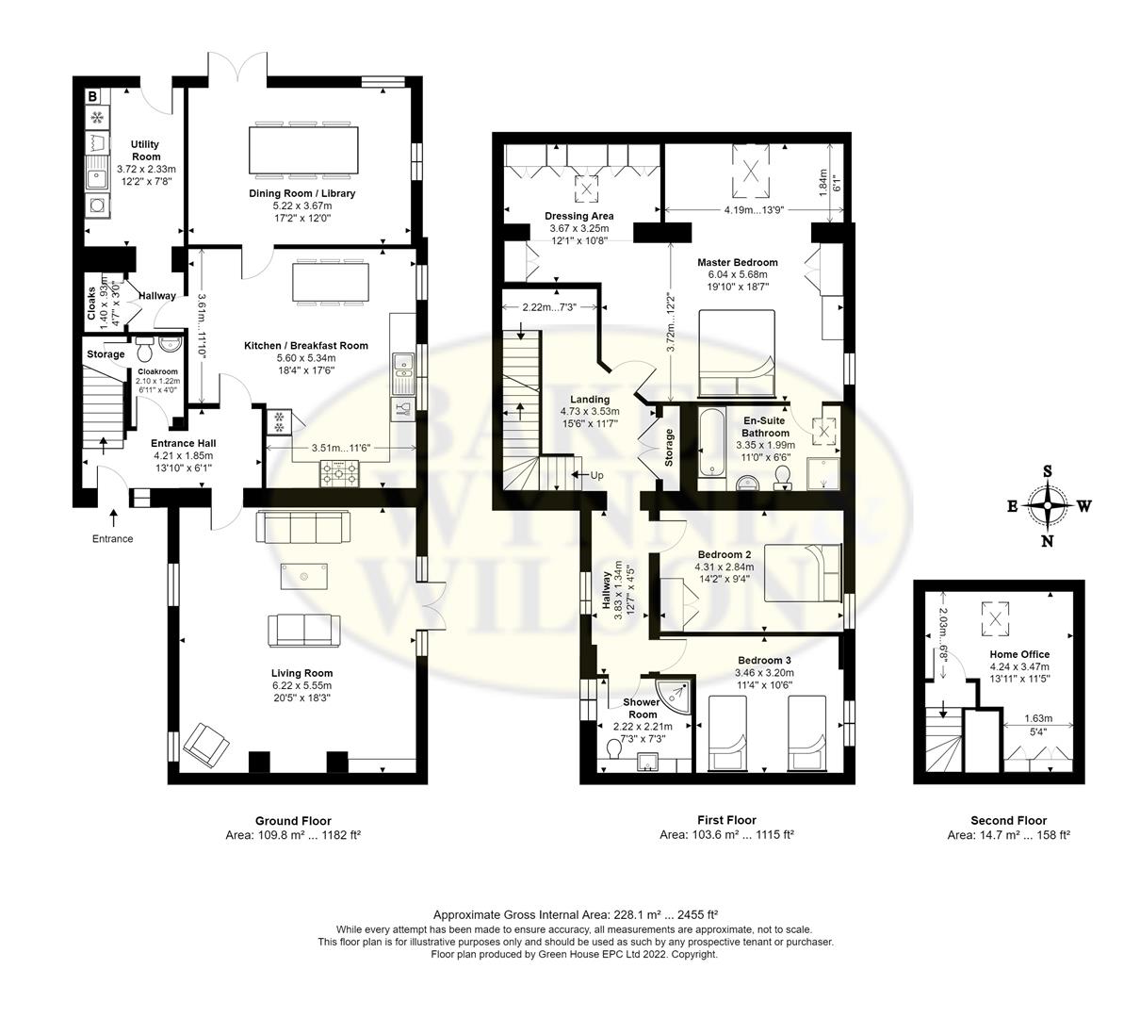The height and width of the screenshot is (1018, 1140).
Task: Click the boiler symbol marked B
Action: [x=93, y=96]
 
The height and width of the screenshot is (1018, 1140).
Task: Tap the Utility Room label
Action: [x=145, y=150]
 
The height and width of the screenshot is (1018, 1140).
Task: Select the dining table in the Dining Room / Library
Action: [x=303, y=150]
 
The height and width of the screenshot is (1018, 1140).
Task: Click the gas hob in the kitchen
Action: [x=339, y=473]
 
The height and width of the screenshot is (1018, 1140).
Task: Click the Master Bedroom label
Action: [x=737, y=262]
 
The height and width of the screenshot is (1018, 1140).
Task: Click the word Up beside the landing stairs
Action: [x=596, y=475]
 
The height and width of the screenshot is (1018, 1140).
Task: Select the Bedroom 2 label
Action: [x=725, y=554]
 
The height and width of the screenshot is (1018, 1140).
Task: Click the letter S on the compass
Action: [x=1047, y=471]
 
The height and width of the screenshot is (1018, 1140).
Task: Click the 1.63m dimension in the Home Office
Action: [x=1038, y=718]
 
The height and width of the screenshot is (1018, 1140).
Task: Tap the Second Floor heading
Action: [x=1008, y=820]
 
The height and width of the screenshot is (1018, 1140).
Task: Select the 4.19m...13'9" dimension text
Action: [x=754, y=210]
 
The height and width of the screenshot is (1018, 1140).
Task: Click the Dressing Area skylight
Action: [x=587, y=189]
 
